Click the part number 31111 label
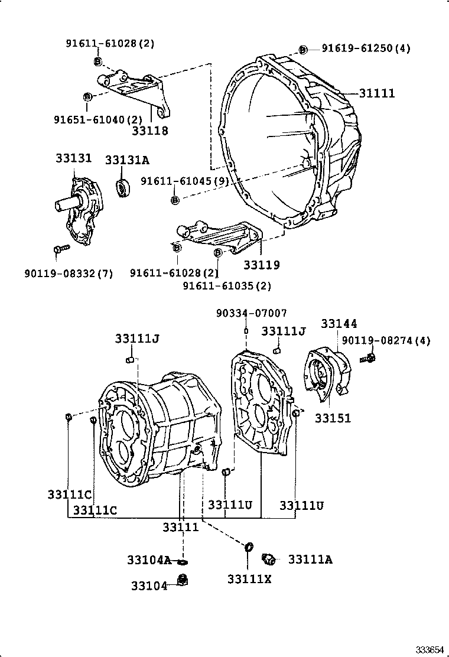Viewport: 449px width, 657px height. coord(376,93)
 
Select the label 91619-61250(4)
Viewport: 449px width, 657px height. coord(366,48)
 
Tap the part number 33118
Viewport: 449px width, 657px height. coord(150,131)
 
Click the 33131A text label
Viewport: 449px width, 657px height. coord(127,160)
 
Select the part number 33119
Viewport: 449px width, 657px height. coord(262,265)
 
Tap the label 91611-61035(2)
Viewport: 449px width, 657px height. coord(227,286)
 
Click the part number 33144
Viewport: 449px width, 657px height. coord(339,324)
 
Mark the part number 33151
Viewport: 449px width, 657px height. coord(333,418)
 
